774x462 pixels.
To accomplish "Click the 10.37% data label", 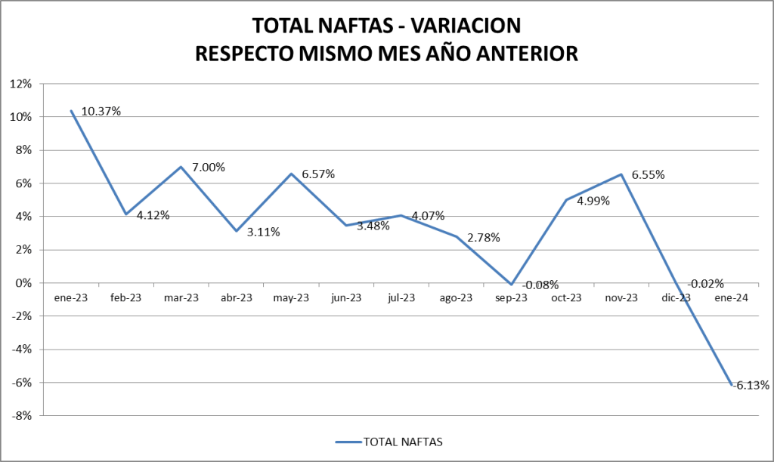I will (x=101, y=111).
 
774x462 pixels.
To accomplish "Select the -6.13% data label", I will (x=751, y=385).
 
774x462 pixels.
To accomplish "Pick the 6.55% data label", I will (x=648, y=174).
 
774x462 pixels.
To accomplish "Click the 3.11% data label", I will (x=263, y=232).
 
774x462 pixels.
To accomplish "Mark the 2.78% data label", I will (x=484, y=237).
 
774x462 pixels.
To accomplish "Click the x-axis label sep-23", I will (x=512, y=298).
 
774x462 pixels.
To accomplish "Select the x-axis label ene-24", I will (x=732, y=298).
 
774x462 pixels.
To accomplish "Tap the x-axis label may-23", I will (x=291, y=298).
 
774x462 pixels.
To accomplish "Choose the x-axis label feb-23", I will (x=126, y=298).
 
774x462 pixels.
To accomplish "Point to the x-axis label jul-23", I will (x=401, y=298).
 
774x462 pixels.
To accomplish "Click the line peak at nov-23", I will (x=621, y=174).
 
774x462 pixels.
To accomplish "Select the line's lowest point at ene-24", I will (x=731, y=385).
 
